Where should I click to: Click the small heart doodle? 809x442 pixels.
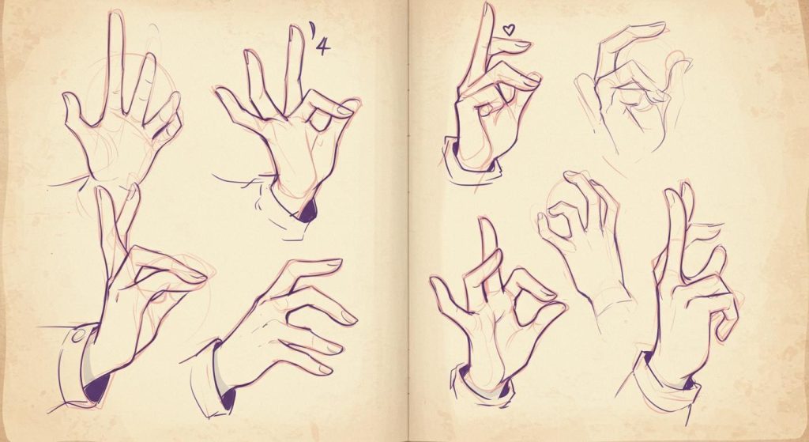(509, 30)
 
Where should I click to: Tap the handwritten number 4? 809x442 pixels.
(323, 46)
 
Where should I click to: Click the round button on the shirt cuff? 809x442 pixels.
(77, 336)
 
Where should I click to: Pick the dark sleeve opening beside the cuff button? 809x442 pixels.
(97, 387)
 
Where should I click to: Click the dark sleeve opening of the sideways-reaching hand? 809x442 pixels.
(228, 399)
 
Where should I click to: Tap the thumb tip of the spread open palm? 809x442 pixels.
(68, 97)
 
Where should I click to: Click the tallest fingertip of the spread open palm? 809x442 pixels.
(116, 16)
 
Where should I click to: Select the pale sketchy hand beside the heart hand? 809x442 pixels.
(634, 88)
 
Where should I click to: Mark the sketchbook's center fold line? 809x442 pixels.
(408, 221)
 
